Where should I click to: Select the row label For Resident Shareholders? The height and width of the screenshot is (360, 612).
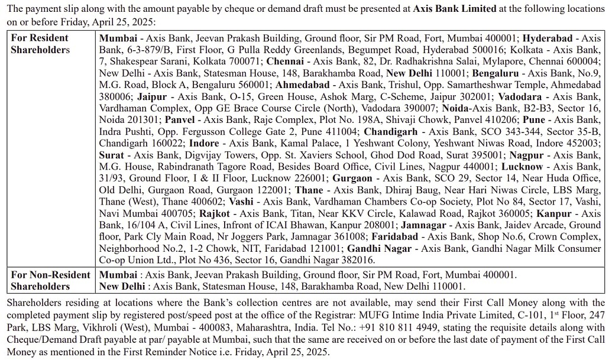pos(40,44)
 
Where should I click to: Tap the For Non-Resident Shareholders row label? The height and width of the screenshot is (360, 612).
pos(50,281)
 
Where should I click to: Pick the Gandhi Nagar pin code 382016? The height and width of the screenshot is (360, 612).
pos(354,260)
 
